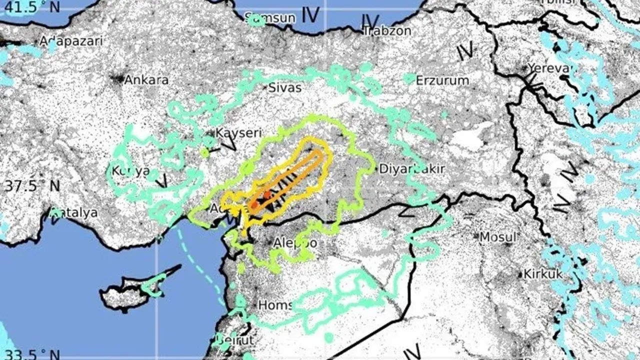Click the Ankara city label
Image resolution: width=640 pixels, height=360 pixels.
[x=146, y=80]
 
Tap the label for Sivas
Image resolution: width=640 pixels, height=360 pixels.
[x=285, y=88]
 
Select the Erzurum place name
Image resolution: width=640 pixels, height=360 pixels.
[x=442, y=80]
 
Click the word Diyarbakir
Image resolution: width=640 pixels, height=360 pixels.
[x=411, y=168]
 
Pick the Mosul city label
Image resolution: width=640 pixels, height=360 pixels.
[x=497, y=236]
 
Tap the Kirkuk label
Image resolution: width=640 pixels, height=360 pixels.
[x=542, y=274]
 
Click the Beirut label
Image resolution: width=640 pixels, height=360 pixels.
[x=235, y=340]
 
